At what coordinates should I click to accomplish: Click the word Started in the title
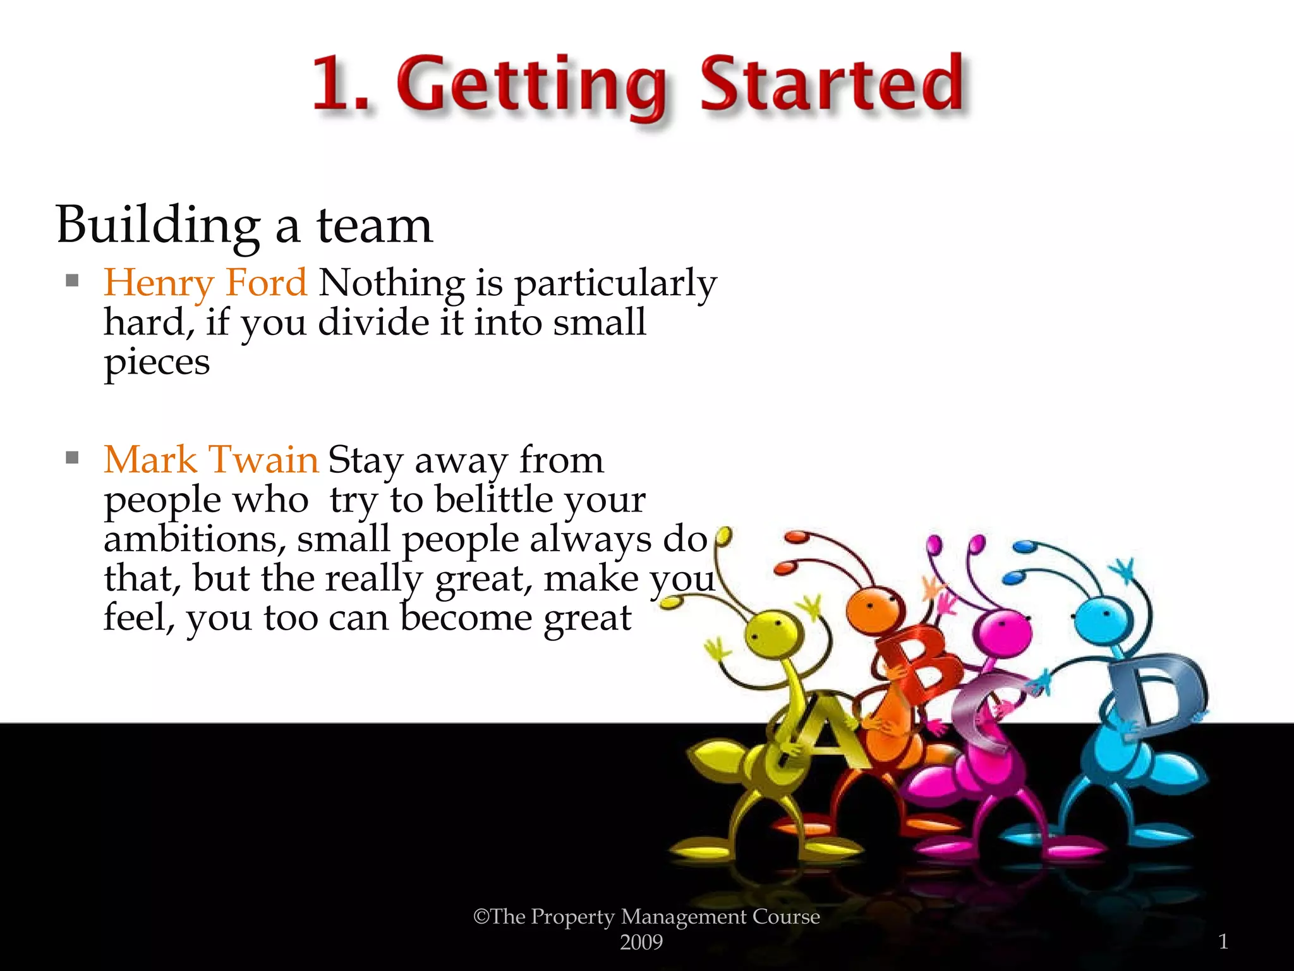coord(831,83)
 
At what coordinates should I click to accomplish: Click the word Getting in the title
coord(532,87)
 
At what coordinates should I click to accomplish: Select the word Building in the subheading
coord(158,225)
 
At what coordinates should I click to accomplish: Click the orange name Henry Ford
coord(205,283)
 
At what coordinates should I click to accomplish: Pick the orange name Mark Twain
coord(211,460)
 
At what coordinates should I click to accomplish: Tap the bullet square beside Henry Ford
coord(72,280)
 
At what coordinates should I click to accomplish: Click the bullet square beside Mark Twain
coord(72,457)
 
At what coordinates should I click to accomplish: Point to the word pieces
coord(157,363)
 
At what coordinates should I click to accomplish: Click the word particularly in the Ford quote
coord(615,284)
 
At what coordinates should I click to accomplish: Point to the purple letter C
coord(986,711)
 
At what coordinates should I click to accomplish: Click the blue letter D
coord(1156,692)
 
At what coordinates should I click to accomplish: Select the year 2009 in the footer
coord(641,943)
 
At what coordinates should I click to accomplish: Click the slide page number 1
coord(1223,942)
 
